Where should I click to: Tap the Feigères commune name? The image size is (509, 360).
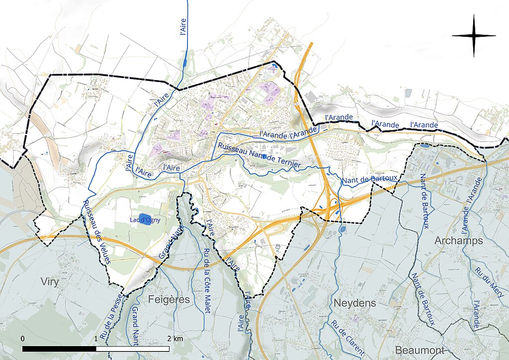[x=169, y=299]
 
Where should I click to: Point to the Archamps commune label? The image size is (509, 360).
[x=459, y=241]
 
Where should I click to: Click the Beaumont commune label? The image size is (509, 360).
[x=420, y=350]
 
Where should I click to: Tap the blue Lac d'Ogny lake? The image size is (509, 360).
[x=145, y=219]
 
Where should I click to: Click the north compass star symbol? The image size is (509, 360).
[x=474, y=36]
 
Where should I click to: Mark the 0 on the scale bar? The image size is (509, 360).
[x=23, y=339]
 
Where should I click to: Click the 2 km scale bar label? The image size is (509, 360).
[x=175, y=339]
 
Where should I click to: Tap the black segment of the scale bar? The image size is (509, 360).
[x=59, y=349]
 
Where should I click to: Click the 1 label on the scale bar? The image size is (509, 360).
[x=96, y=339]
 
